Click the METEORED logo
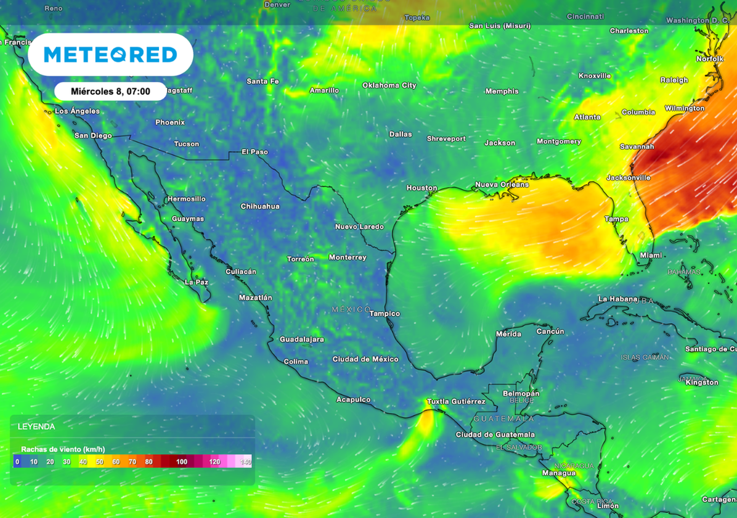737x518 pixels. [110, 55]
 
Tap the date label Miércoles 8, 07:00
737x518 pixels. [110, 91]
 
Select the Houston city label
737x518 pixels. [421, 188]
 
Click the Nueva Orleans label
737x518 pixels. [502, 185]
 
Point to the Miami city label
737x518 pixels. [651, 255]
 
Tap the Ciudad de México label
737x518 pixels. [365, 359]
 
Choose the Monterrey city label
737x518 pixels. [348, 258]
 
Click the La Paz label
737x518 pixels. [196, 282]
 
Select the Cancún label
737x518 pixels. [550, 332]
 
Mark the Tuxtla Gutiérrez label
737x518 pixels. [456, 401]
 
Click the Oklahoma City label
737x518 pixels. [389, 86]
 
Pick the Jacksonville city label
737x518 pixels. [628, 178]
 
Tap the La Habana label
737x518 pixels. [618, 299]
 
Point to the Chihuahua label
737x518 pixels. [260, 206]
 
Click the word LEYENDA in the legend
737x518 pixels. [36, 427]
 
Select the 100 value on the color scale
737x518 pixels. [181, 462]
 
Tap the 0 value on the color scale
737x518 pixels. [17, 462]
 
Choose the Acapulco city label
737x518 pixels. [353, 399]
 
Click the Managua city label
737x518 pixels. [558, 473]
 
